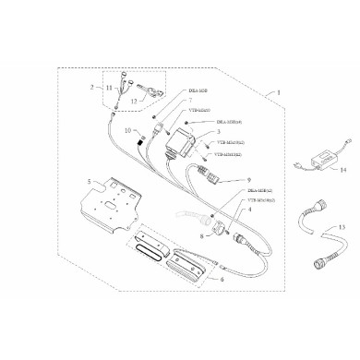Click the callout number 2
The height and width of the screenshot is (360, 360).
[x=92, y=87]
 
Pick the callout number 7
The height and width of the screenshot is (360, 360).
[x=176, y=99]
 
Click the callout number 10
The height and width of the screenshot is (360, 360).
[x=129, y=132]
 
